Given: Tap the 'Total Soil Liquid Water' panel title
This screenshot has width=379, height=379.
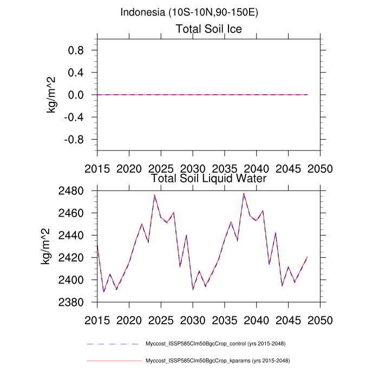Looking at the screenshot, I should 208,178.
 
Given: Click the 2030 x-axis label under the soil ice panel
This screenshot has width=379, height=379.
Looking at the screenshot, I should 193,168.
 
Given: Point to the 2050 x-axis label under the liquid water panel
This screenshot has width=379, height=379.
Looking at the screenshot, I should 320,319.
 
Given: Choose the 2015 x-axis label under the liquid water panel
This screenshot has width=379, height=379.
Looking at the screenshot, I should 97,319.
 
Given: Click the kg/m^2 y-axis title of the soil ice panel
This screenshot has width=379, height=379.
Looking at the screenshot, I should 53,95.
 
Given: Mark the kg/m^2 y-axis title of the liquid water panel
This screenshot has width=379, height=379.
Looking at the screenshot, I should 47,246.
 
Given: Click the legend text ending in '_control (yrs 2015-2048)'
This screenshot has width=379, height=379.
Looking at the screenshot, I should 215,344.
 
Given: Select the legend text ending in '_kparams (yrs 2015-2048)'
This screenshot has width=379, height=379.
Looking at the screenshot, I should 215,361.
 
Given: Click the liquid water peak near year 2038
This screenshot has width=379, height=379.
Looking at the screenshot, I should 244,193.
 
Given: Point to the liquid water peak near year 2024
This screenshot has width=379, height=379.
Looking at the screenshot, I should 154,195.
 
